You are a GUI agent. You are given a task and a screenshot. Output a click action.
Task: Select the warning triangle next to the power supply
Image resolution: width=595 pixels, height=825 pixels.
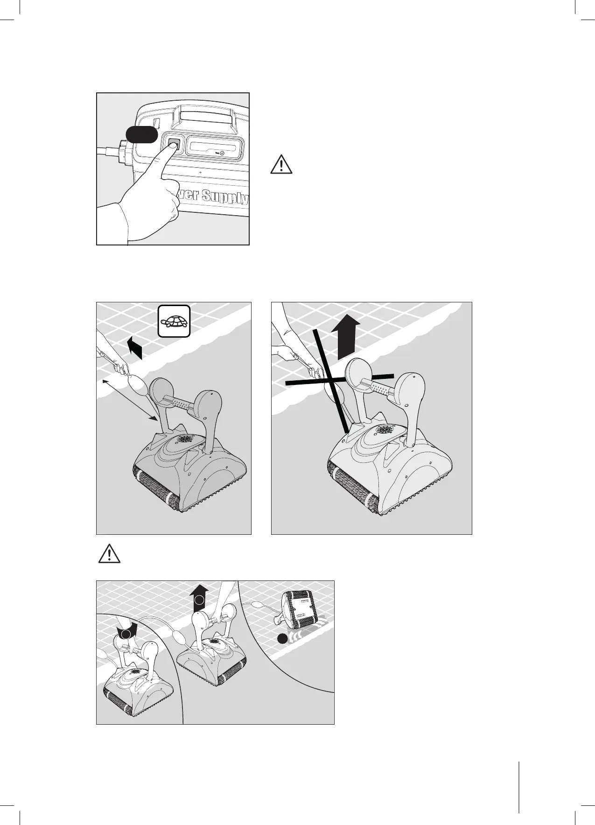(281, 165)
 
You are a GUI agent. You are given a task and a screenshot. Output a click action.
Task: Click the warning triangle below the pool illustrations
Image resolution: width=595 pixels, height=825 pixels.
(109, 553)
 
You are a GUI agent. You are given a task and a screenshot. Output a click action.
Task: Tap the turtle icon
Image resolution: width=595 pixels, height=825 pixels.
(174, 322)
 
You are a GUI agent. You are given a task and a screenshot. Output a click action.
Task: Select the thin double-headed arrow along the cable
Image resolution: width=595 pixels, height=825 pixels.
(129, 400)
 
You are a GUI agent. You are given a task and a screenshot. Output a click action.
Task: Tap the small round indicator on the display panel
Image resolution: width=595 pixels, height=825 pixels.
(222, 153)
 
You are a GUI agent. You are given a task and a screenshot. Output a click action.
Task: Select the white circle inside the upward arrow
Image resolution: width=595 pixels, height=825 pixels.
(200, 600)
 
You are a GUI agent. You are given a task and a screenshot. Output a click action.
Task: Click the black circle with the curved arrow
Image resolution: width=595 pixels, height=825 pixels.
(124, 632)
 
